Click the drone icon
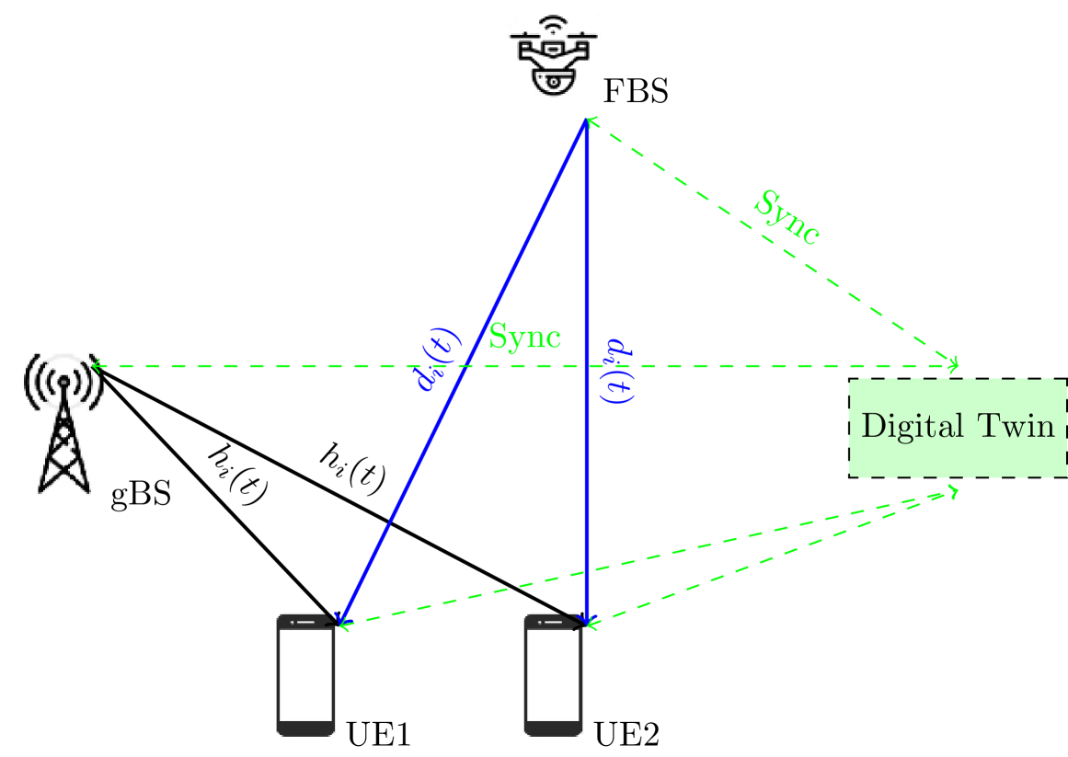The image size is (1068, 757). [553, 57]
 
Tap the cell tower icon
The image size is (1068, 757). [61, 425]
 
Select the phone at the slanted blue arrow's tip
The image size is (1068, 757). [305, 675]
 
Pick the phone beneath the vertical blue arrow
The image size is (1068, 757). [553, 675]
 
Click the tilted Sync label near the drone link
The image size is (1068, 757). [786, 218]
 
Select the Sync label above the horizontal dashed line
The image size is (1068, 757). [524, 337]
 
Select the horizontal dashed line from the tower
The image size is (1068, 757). [276, 366]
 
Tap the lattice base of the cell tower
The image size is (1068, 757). [63, 451]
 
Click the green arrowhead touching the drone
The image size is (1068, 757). [591, 120]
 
